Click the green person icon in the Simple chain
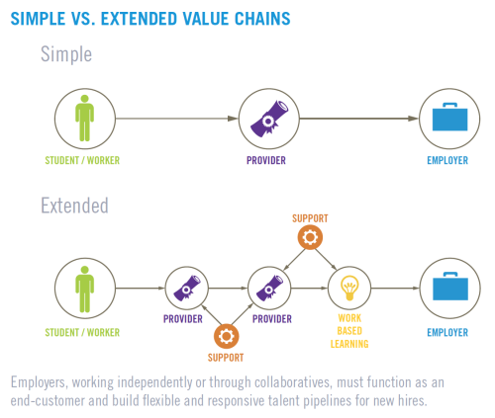point(85,118)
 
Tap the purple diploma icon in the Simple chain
point(269,119)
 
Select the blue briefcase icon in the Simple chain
point(449,117)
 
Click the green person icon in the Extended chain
point(85,289)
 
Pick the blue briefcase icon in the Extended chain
point(450,287)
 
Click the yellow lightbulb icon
point(349,288)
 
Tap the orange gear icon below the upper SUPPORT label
point(310,237)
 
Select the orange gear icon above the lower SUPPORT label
point(226,336)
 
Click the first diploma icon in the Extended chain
point(187,288)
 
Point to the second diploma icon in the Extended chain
point(269,288)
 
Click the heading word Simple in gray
point(66,54)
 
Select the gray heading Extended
point(74,206)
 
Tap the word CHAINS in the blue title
point(262,19)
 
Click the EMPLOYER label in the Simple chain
point(447,160)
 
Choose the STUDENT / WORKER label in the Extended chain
point(82,332)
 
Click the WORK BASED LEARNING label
point(349,331)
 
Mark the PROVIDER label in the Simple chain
point(266,160)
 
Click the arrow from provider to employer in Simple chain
point(359,119)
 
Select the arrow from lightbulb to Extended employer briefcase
point(395,289)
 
